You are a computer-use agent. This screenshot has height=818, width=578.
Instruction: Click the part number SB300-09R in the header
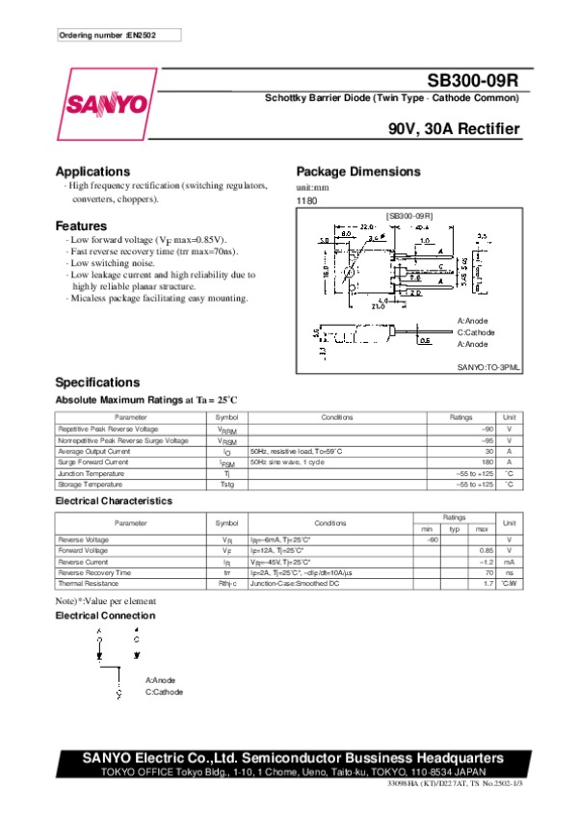tap(475, 82)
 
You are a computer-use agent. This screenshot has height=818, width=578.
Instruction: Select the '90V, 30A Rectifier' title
tap(455, 129)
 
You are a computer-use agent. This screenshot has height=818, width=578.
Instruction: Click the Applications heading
tap(92, 171)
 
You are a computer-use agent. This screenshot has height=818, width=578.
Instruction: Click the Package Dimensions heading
tap(357, 171)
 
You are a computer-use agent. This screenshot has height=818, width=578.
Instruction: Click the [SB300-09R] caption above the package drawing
tap(408, 216)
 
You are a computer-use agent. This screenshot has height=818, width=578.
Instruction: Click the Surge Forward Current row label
tap(93, 462)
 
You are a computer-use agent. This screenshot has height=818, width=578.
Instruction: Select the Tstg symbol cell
tap(226, 485)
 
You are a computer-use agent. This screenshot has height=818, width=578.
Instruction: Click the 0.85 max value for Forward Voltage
tap(486, 550)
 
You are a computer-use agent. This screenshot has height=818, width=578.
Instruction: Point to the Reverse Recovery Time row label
tap(94, 572)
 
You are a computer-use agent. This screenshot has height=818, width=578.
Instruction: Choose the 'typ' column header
tap(455, 528)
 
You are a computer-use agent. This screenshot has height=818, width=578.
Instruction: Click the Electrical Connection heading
tap(105, 616)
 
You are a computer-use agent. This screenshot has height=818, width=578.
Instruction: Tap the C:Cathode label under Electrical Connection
tap(164, 692)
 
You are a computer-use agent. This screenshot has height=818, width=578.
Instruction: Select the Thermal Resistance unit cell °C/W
tap(510, 584)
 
